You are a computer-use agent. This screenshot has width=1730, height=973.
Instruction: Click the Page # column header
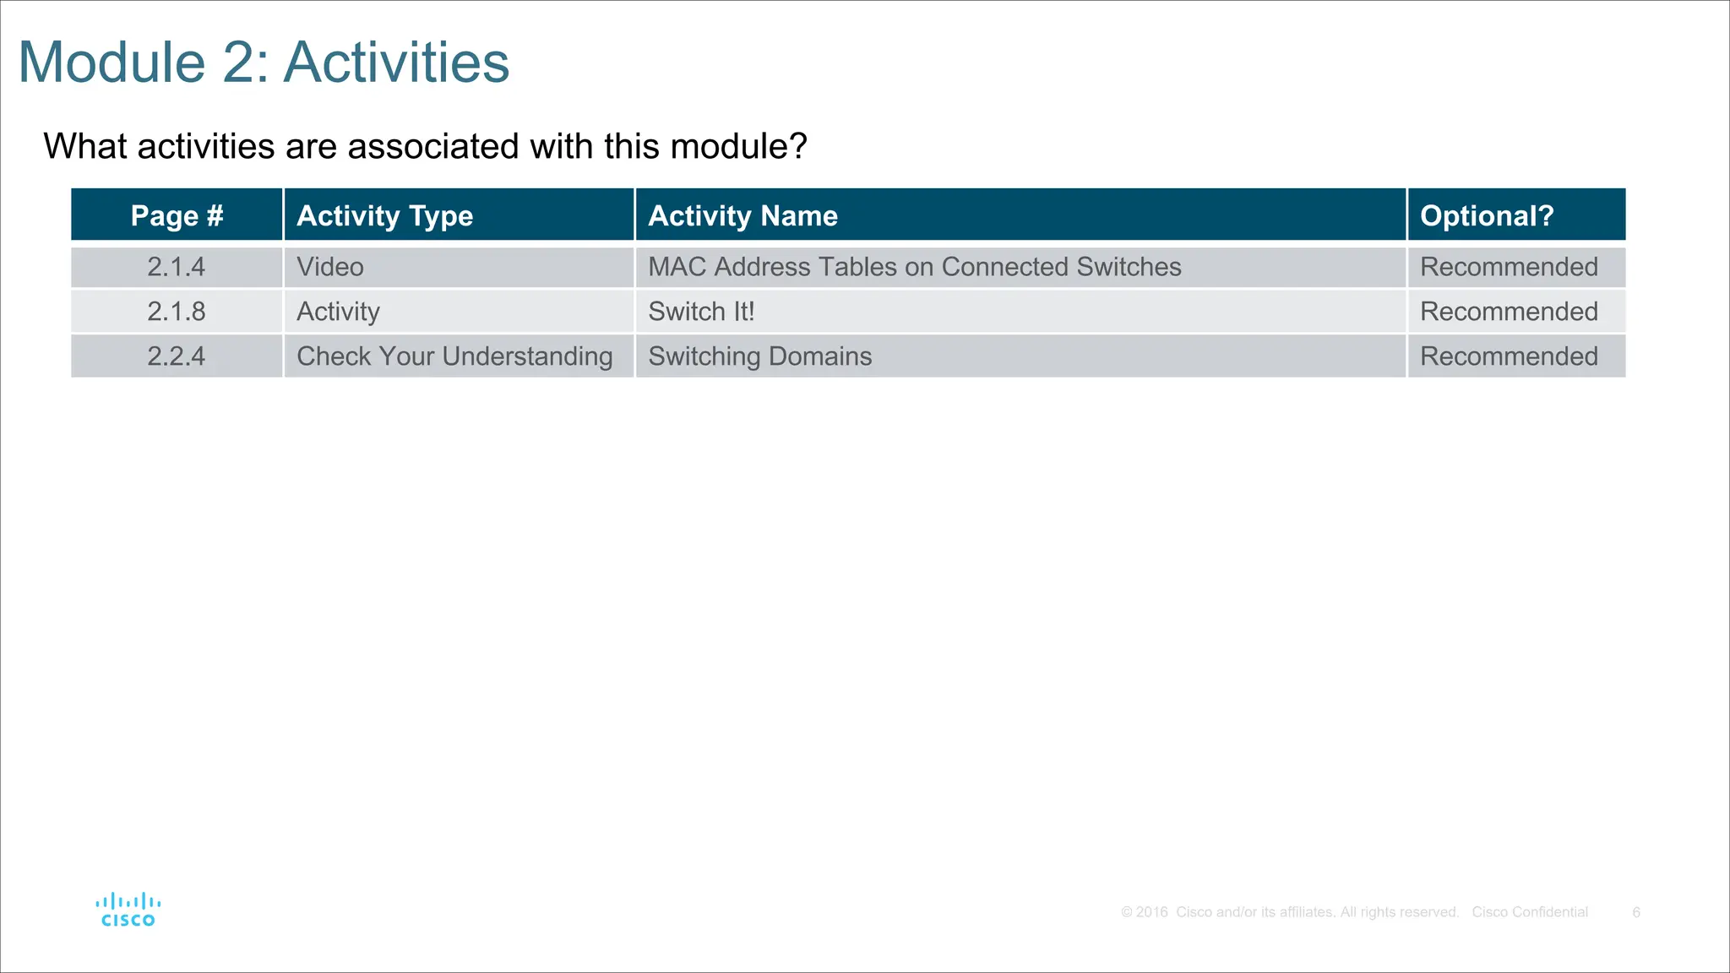(177, 215)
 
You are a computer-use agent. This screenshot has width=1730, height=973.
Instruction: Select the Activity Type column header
(384, 215)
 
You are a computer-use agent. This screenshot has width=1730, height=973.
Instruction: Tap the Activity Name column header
(743, 215)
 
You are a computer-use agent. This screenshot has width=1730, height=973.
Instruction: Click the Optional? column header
(1487, 215)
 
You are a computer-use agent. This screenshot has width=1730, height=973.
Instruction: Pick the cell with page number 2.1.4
(177, 267)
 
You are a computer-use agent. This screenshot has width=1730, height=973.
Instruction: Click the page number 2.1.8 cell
(177, 312)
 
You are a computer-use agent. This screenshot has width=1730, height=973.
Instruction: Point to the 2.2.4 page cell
(177, 356)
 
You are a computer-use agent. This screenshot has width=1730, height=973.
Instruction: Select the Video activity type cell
(330, 267)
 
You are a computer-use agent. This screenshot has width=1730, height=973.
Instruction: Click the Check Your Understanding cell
(454, 356)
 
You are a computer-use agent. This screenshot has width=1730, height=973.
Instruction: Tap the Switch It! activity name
(701, 312)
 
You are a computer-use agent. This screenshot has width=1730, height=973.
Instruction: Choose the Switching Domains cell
(759, 356)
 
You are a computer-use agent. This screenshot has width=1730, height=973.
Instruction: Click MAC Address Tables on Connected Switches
(914, 267)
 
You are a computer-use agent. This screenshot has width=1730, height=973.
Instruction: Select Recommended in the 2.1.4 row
(1509, 267)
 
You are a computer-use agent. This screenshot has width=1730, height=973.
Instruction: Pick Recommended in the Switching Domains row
(1509, 356)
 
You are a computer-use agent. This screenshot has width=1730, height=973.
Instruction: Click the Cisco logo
(128, 910)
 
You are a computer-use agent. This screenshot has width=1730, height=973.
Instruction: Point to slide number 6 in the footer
(1636, 912)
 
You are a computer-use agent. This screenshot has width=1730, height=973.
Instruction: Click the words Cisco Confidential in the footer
(1530, 912)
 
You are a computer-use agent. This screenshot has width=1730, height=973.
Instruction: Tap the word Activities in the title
(396, 63)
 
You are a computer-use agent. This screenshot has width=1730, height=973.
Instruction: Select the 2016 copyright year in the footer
(1152, 912)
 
